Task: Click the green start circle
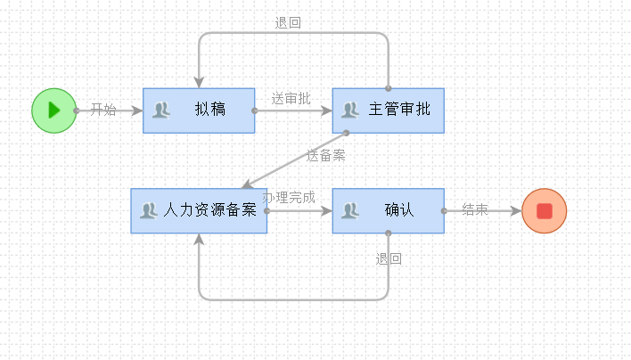click(x=53, y=110)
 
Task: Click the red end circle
click(x=544, y=211)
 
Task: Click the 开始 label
click(x=103, y=110)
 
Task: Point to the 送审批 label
click(x=291, y=99)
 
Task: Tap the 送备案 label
click(x=326, y=155)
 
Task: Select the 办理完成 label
click(x=290, y=197)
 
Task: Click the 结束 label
click(x=475, y=210)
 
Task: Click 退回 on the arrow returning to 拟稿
click(x=288, y=23)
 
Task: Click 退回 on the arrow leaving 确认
click(x=389, y=259)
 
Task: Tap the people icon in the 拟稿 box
click(x=161, y=110)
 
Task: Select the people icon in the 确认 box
click(x=350, y=211)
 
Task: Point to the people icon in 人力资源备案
click(x=149, y=211)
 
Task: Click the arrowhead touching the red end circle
click(x=515, y=211)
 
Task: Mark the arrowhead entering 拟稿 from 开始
click(x=136, y=110)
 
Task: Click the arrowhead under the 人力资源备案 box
click(x=199, y=240)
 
